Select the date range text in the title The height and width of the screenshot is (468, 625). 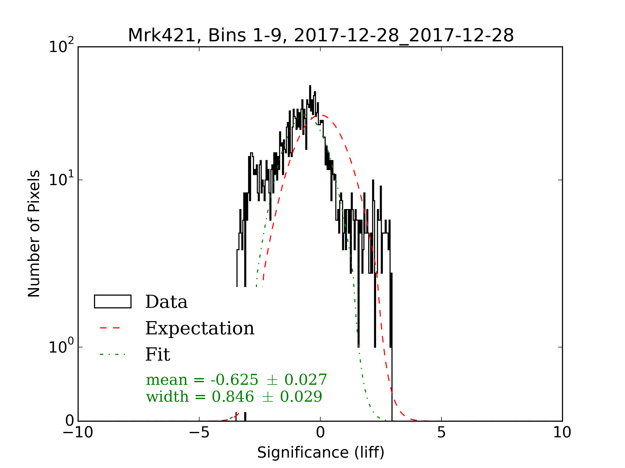pos(404,36)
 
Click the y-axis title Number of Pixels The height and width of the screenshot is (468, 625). pos(34,233)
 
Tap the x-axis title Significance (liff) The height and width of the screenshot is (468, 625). pos(321,452)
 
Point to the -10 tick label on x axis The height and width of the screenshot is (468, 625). pos(78,432)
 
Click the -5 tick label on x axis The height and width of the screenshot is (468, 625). pos(199,432)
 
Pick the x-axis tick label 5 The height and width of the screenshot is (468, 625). pos(441,432)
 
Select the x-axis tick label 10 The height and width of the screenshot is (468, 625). pos(562,432)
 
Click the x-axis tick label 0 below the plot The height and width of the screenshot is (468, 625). pos(320,432)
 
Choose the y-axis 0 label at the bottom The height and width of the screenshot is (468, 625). pos(70,421)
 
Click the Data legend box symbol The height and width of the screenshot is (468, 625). pos(113,302)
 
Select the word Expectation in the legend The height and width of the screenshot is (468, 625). pos(200,328)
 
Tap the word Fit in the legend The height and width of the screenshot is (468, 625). pos(158,355)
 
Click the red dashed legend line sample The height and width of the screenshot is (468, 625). pos(110,328)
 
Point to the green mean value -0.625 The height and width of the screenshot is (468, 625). pos(234,380)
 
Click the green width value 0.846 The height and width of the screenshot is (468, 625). pos(233,397)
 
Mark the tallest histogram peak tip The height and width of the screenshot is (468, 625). pos(310,86)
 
